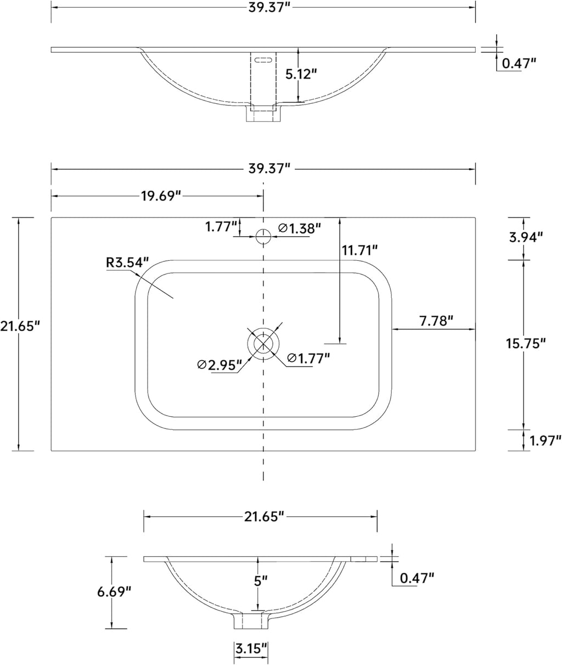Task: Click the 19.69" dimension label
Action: point(161,195)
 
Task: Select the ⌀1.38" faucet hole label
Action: point(300,228)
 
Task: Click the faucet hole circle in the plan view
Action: point(263,237)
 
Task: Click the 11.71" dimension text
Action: point(359,250)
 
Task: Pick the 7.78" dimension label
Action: point(436,321)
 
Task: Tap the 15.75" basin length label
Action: point(526,343)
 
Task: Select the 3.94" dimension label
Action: point(526,237)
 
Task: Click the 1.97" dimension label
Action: point(546,440)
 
